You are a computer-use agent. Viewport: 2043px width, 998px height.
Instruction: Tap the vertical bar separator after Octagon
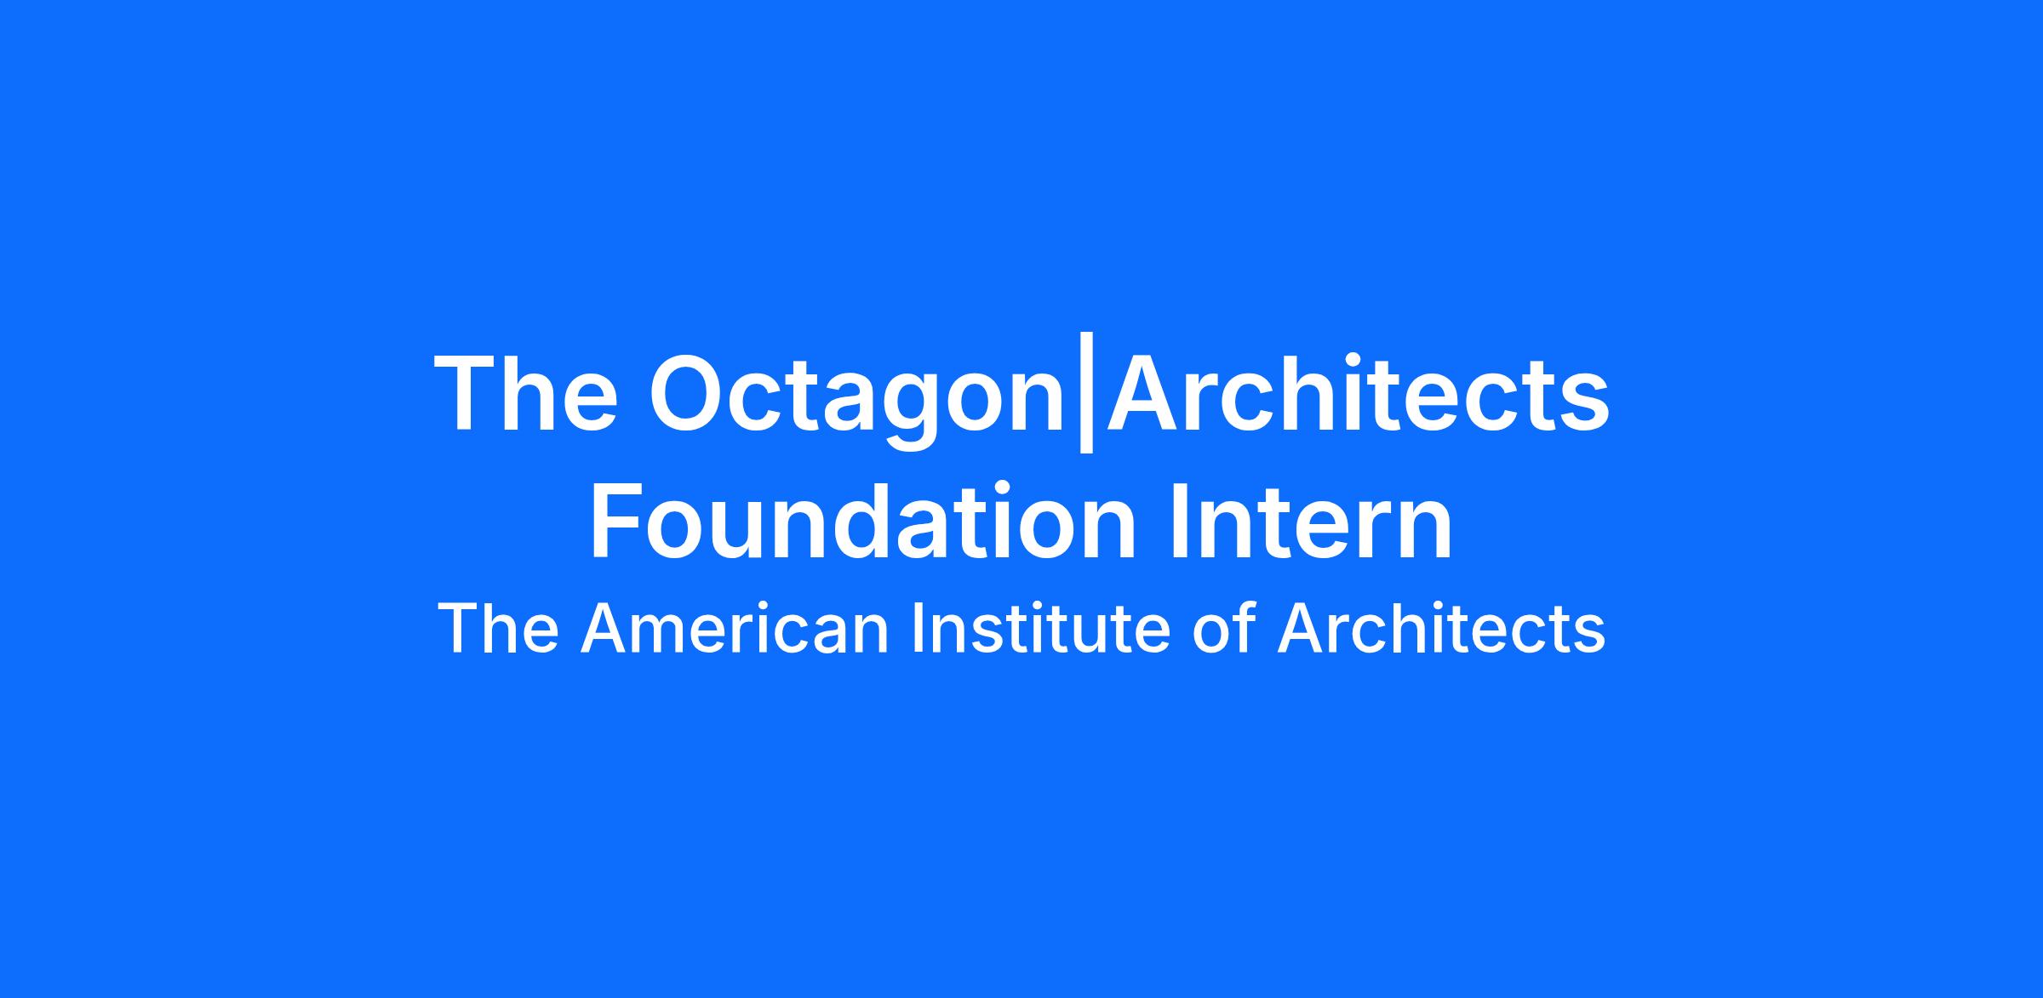coord(1085,395)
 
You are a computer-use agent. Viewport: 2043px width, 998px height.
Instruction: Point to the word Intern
coord(1312,522)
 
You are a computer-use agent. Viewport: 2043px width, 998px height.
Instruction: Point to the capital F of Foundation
coord(616,522)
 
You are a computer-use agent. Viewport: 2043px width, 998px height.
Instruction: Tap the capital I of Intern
coord(1180,522)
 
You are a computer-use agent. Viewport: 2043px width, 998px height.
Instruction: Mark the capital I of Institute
coord(916,629)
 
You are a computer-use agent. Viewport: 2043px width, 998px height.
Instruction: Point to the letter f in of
coord(1245,627)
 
